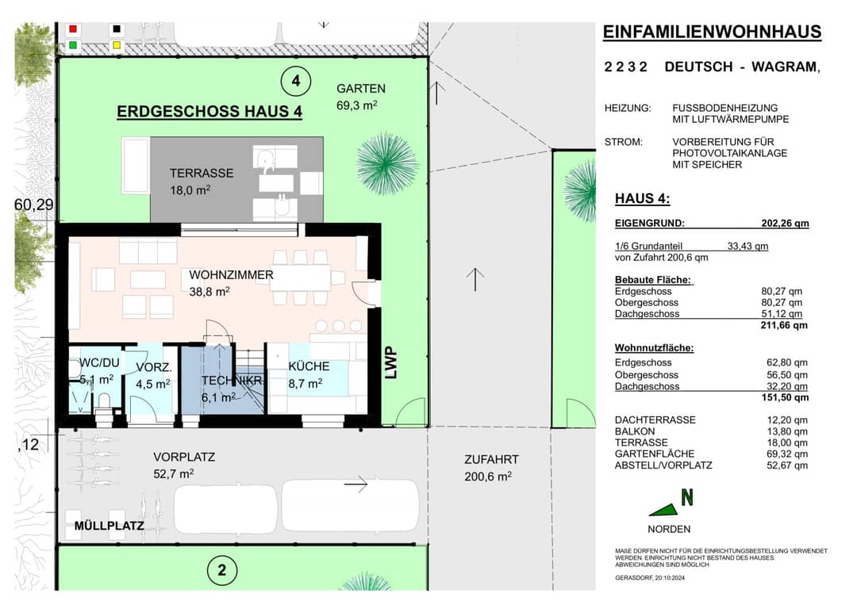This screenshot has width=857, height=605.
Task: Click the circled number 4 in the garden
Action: click(296, 81)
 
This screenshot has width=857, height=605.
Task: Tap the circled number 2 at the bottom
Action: click(222, 571)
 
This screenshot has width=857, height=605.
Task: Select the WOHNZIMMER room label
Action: click(231, 275)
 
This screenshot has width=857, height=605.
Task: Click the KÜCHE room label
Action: click(309, 366)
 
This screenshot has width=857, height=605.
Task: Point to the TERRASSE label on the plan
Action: click(201, 173)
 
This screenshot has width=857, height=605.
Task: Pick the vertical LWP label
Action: click(390, 363)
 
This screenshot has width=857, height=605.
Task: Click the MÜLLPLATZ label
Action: click(110, 526)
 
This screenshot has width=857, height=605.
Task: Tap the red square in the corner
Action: click(73, 29)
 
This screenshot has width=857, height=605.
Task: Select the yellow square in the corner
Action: click(117, 46)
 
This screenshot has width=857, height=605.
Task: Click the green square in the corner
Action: click(73, 46)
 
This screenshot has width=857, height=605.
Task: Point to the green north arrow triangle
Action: click(666, 511)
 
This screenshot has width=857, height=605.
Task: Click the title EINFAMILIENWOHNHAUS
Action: click(712, 33)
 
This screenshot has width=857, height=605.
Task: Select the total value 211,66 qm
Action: click(784, 325)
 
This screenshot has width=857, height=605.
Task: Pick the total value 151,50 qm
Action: click(785, 397)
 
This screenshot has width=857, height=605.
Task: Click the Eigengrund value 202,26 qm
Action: click(785, 224)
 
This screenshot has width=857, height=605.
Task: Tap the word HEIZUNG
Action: click(628, 108)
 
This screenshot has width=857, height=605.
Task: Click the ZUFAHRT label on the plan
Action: click(491, 460)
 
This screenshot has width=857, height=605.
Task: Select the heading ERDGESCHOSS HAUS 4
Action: click(209, 111)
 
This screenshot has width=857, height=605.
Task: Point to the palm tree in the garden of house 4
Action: click(386, 163)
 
